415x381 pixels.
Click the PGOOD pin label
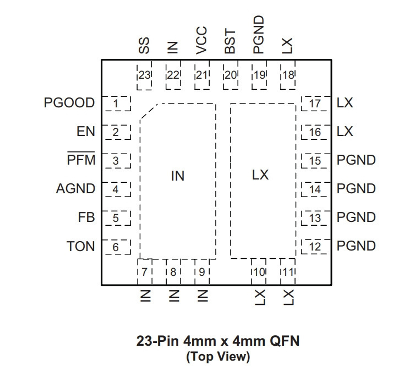[69, 103]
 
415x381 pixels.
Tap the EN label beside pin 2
[86, 132]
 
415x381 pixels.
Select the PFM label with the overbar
[81, 159]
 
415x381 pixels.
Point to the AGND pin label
[75, 188]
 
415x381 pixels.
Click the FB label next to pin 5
[86, 217]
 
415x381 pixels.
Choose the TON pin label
[80, 246]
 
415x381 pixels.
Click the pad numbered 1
[117, 104]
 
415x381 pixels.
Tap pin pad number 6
[117, 247]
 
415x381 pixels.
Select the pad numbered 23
[144, 75]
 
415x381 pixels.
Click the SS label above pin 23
[144, 46]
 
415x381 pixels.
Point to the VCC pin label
[201, 40]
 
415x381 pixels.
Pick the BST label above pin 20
[230, 41]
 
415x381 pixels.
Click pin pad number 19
[259, 75]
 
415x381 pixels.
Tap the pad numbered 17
[316, 104]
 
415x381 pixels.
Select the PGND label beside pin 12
[356, 246]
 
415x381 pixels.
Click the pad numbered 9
[202, 272]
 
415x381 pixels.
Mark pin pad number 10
[259, 272]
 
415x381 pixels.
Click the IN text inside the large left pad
[178, 176]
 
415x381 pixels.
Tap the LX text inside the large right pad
[260, 175]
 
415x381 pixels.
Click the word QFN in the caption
[285, 341]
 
